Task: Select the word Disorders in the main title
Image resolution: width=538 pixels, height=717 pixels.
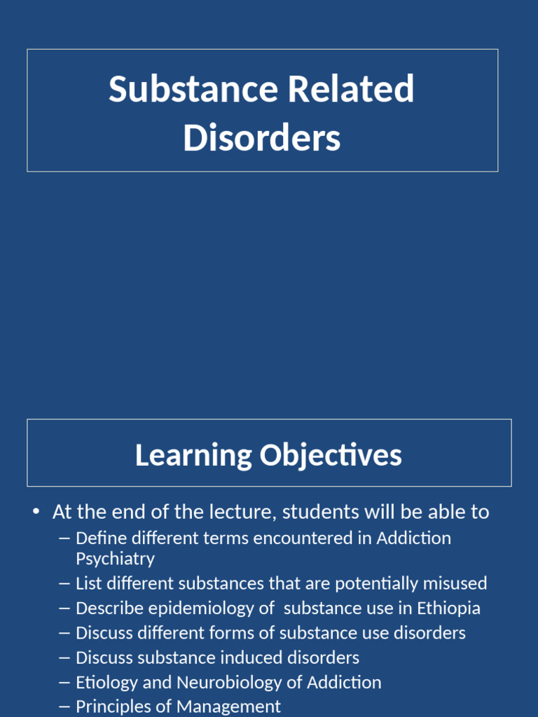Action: [262, 138]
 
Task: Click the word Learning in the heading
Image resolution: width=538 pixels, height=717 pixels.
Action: [193, 455]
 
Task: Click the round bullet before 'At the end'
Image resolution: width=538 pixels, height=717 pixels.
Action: [36, 512]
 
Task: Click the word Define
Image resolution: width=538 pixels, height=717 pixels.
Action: [99, 538]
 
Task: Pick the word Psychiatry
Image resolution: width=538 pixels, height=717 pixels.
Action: [115, 559]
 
